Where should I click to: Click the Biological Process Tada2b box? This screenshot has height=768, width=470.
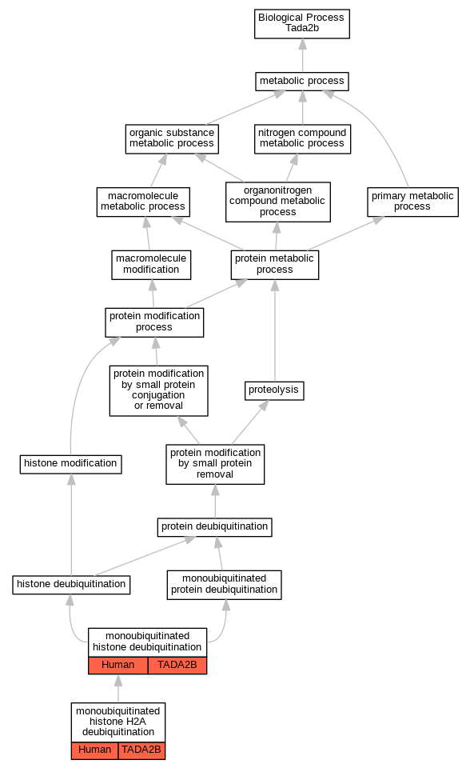point(302,23)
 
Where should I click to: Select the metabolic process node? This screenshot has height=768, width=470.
point(302,81)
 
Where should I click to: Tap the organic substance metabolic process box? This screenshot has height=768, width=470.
point(172,139)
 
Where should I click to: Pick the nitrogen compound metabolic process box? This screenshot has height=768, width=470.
point(303,139)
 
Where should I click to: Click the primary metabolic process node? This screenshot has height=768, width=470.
point(412,202)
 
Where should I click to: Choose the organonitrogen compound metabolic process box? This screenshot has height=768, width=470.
point(278,202)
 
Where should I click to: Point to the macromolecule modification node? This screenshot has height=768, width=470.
point(151,265)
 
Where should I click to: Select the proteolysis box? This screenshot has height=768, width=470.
point(274,390)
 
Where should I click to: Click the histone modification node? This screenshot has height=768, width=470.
point(70,464)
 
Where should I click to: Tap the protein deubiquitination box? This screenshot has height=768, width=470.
point(214,527)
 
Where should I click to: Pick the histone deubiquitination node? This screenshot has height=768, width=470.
point(71,584)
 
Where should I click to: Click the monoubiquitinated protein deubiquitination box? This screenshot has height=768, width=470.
point(225,585)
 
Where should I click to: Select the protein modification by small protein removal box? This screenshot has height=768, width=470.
point(215,464)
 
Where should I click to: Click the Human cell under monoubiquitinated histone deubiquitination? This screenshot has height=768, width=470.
point(118,665)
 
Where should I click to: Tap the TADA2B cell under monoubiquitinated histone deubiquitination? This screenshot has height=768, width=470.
point(177,665)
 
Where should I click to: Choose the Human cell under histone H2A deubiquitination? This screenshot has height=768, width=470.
point(94,750)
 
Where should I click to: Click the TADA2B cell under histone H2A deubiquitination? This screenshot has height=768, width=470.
point(141,750)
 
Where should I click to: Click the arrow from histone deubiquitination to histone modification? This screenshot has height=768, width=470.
point(71,525)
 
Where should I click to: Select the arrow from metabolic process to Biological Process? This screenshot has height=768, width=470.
point(303,55)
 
